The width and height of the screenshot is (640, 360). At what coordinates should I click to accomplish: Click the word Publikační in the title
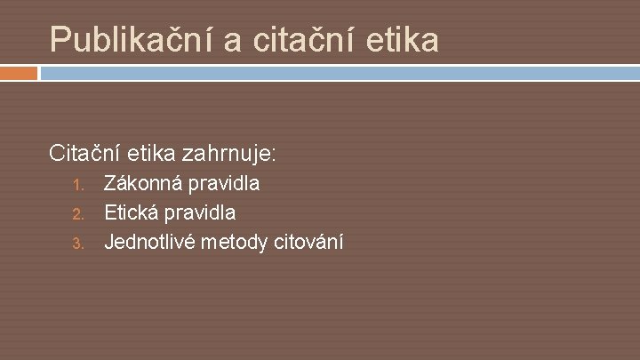pos(133,39)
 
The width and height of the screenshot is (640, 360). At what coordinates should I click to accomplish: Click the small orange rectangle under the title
pos(19,73)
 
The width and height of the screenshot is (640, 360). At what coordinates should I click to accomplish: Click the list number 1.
pos(77,186)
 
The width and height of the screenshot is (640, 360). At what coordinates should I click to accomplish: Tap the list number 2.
pos(77,213)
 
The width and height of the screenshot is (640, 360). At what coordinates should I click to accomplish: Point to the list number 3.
pos(77,241)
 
